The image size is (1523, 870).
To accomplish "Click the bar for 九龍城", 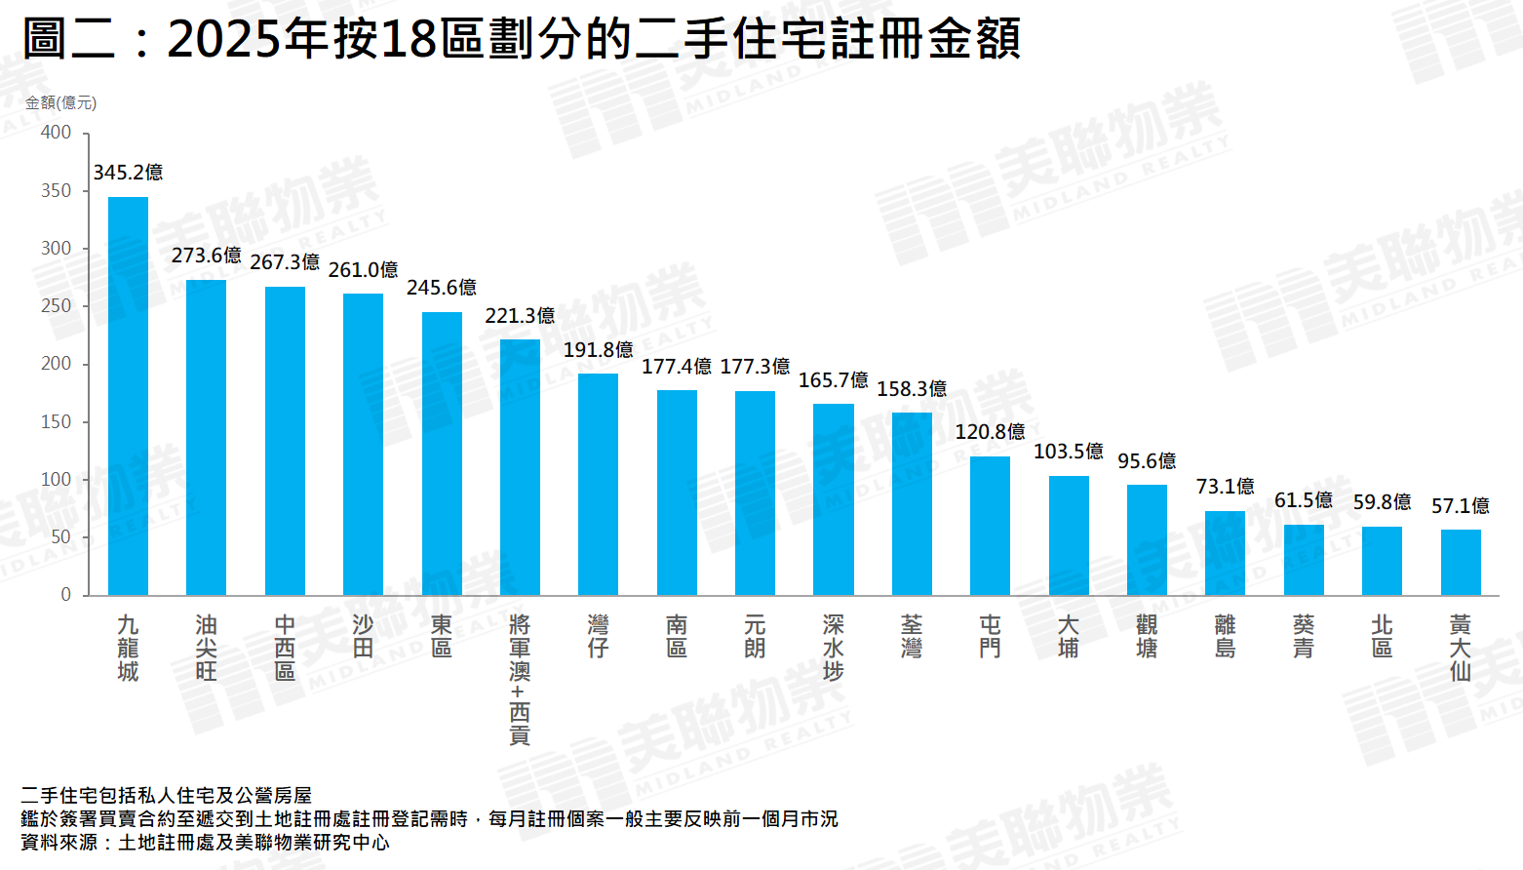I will click(128, 396).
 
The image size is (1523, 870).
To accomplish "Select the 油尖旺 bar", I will click(206, 437).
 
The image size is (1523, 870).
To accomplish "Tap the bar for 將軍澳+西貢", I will click(520, 467).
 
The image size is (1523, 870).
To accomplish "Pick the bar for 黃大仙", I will click(1461, 562).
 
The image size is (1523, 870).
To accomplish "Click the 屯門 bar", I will click(990, 526).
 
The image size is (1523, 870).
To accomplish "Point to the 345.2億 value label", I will click(128, 173).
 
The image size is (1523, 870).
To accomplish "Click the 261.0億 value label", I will click(363, 269).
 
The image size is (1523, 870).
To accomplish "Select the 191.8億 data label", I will click(598, 349).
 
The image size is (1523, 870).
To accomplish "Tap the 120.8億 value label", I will click(990, 431).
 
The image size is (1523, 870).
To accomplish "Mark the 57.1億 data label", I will click(1461, 505).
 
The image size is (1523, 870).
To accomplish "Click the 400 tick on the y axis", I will click(56, 133).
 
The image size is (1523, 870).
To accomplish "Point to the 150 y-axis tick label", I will click(56, 421).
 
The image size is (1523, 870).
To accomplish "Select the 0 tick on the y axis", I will click(65, 594).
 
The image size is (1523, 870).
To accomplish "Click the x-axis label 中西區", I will click(285, 648).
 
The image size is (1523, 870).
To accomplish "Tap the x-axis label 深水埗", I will click(833, 648).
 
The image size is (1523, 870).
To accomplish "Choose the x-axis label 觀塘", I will click(1147, 636).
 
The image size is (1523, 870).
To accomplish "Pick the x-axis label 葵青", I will click(1304, 636).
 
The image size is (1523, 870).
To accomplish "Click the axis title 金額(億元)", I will click(60, 102).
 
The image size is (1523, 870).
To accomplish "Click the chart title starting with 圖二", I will click(522, 39).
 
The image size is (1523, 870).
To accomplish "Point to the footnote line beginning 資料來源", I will click(205, 843).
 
